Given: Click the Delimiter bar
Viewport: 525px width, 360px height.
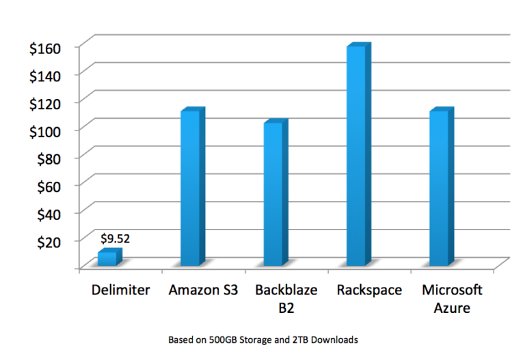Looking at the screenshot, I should [108, 258].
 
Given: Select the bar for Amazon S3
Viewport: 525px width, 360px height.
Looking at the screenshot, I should [191, 188].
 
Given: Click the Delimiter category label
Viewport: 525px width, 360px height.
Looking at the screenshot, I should [120, 290].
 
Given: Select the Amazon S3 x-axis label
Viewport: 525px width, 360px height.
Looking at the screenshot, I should [203, 290].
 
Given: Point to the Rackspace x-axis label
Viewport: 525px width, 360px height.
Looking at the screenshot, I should [369, 290].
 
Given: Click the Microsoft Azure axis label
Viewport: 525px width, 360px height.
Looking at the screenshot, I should [452, 299].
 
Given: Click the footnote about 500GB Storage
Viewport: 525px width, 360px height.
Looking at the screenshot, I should [262, 339].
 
